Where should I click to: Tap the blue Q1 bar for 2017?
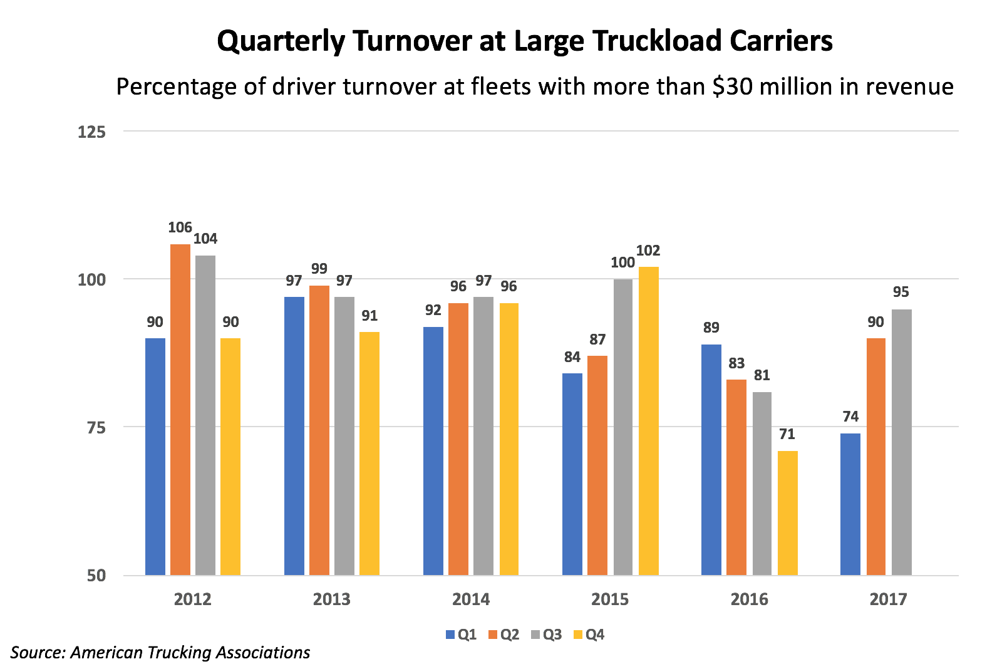tap(850, 504)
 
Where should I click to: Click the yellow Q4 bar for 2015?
tap(649, 420)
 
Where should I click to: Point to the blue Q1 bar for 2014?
tap(433, 450)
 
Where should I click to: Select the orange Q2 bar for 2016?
tap(736, 477)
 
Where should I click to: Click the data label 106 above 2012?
tap(180, 227)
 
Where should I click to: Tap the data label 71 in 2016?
tap(788, 435)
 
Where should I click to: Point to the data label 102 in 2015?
tap(649, 251)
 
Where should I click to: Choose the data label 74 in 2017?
tap(850, 417)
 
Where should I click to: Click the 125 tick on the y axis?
tap(91, 132)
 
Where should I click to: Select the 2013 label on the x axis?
tap(332, 599)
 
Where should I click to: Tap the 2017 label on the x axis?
tap(888, 599)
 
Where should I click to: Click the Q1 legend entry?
tap(462, 635)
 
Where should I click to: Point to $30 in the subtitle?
tap(728, 86)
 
